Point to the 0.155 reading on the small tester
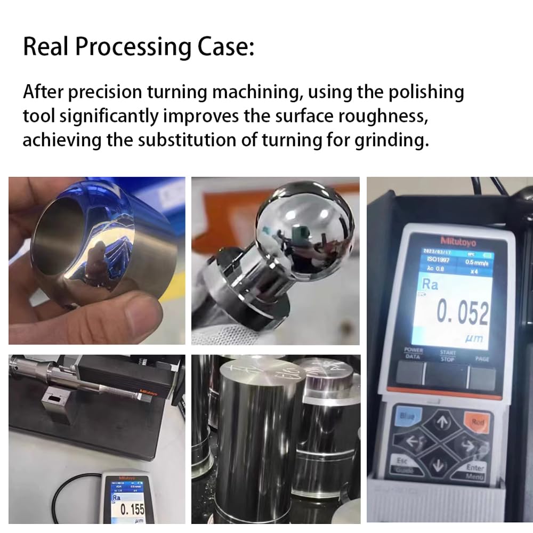coord(133,508)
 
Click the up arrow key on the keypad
coord(442,423)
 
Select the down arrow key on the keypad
coord(439,465)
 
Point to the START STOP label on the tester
coord(447,356)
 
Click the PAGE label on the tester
coord(482,359)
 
